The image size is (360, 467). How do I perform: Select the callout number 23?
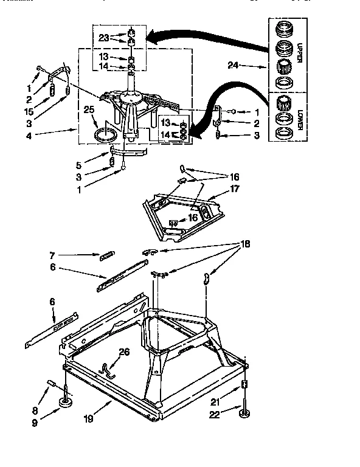[103, 37]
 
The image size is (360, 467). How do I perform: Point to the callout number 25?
[89, 110]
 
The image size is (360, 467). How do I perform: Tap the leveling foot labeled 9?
[66, 403]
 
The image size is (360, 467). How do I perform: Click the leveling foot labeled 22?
[244, 414]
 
